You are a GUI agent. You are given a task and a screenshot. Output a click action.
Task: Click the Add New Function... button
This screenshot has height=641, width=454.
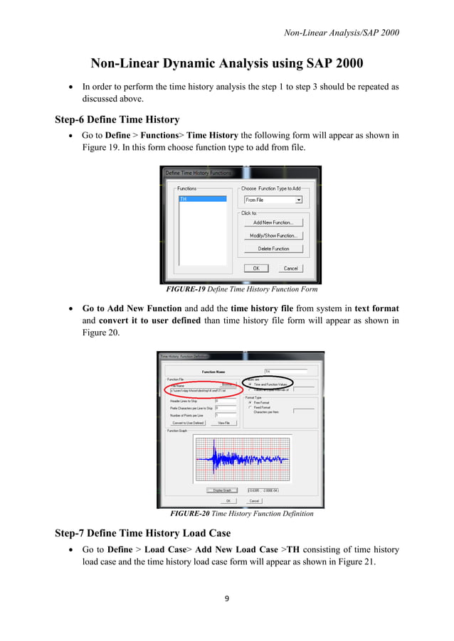pyautogui.click(x=273, y=222)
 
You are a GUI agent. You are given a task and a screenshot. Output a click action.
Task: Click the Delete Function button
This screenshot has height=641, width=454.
pyautogui.click(x=273, y=249)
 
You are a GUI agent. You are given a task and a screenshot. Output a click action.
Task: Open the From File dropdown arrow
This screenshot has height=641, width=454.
pyautogui.click(x=298, y=200)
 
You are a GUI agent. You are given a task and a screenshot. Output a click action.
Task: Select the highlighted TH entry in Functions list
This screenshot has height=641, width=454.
pyautogui.click(x=202, y=199)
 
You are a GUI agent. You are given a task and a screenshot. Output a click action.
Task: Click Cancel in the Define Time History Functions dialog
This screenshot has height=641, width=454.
pyautogui.click(x=290, y=269)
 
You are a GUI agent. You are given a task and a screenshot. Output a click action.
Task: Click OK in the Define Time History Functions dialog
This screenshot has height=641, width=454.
pyautogui.click(x=255, y=269)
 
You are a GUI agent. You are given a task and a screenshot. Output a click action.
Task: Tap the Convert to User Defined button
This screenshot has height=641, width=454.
pyautogui.click(x=187, y=423)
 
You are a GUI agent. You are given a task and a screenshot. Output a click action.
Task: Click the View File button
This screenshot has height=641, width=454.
pyautogui.click(x=223, y=423)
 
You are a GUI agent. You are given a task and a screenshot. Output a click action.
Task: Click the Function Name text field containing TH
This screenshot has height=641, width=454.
pyautogui.click(x=285, y=371)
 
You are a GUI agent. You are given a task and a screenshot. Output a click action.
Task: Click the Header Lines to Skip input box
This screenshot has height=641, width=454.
pyautogui.click(x=225, y=401)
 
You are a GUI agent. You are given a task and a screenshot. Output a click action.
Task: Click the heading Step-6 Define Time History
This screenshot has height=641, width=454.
pyautogui.click(x=117, y=119)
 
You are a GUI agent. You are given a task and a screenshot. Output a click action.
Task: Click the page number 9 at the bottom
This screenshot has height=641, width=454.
pyautogui.click(x=227, y=598)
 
